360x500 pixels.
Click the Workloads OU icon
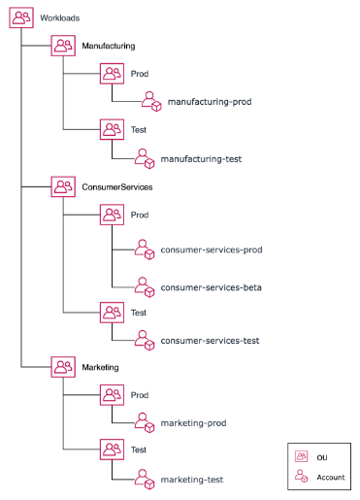pos(21,17)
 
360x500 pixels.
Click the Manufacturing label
pos(108,46)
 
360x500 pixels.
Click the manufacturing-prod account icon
pos(149,101)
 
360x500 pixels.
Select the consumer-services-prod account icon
pos(145,250)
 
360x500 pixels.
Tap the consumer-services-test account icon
pos(145,341)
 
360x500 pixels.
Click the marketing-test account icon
pos(145,479)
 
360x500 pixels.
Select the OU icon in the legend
pos(301,455)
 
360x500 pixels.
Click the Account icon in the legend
pos(301,477)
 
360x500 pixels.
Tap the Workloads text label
pos(59,17)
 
